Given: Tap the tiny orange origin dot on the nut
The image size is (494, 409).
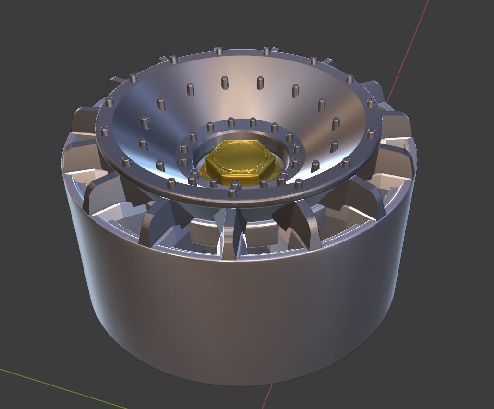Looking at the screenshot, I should (x=240, y=144).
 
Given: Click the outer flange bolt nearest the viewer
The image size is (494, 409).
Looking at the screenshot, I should (x=233, y=193).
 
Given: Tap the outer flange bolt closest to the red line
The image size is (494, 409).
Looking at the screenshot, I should (x=370, y=103).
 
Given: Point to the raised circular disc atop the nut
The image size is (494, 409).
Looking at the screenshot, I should (x=239, y=156).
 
